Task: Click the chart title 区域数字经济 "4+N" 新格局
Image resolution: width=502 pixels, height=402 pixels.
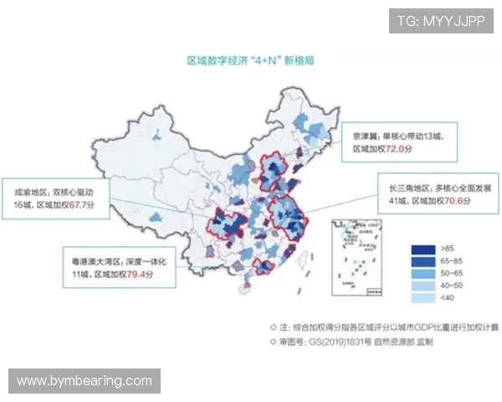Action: point(250,60)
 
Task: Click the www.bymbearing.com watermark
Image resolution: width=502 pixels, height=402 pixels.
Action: point(85,381)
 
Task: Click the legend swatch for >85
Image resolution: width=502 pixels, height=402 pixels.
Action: point(422,249)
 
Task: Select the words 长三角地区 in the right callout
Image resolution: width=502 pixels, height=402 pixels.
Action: point(402,188)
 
